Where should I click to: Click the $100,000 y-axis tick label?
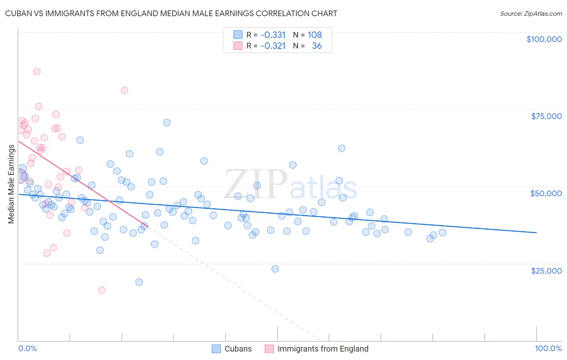pos(544,39)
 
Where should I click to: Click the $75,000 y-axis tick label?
pos(546,116)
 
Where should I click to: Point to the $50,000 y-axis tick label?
pos(546,193)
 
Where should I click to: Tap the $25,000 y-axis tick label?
pos(546,270)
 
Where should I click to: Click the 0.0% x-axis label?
pos(27,349)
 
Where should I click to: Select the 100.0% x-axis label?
pos(548,349)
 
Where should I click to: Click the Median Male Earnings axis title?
pos(11,184)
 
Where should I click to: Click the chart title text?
pos(171,13)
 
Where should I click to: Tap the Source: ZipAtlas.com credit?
pos(531,14)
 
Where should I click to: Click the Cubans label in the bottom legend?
pos(238,349)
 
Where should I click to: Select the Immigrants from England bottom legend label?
pos(323,349)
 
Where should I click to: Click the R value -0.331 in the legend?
pos(273,35)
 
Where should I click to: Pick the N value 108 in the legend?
pos(315,35)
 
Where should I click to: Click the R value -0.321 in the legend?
pos(273,46)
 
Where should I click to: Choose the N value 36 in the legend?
pos(317,46)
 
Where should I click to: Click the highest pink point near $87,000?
pos(37,71)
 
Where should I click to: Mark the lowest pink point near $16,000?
pos(102,290)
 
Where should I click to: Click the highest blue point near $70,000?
pos(167,122)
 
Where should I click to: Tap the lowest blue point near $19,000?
pos(139,282)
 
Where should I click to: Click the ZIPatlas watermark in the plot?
pos(290,185)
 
